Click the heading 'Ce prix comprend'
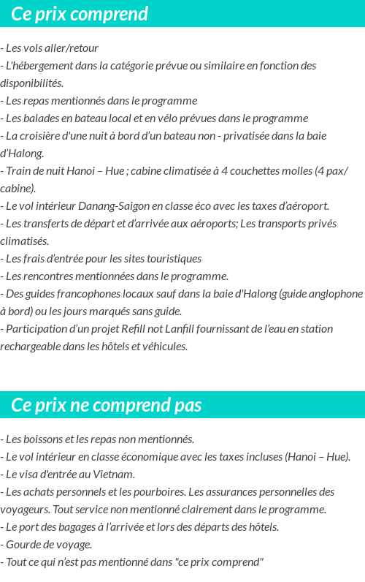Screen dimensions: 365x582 click(x=80, y=14)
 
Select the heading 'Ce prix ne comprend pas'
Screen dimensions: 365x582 click(x=107, y=405)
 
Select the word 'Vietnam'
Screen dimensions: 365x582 click(x=116, y=475)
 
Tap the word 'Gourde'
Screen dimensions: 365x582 click(x=23, y=545)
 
